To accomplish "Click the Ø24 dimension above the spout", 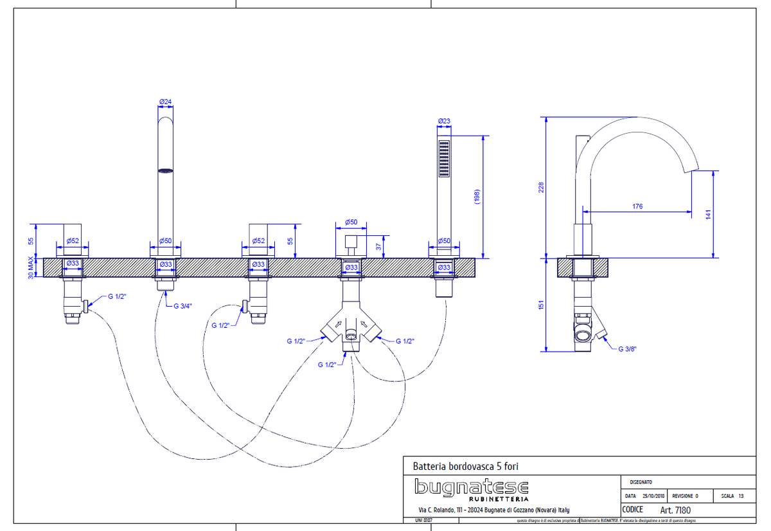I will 165,102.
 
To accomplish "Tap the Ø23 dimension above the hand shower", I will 443,121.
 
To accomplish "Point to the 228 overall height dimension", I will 540,187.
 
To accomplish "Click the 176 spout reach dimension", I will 637,206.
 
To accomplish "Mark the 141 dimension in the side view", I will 708,213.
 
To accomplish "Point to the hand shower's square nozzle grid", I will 444,158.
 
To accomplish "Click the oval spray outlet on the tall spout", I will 166,170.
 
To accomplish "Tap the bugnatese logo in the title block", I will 472,489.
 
